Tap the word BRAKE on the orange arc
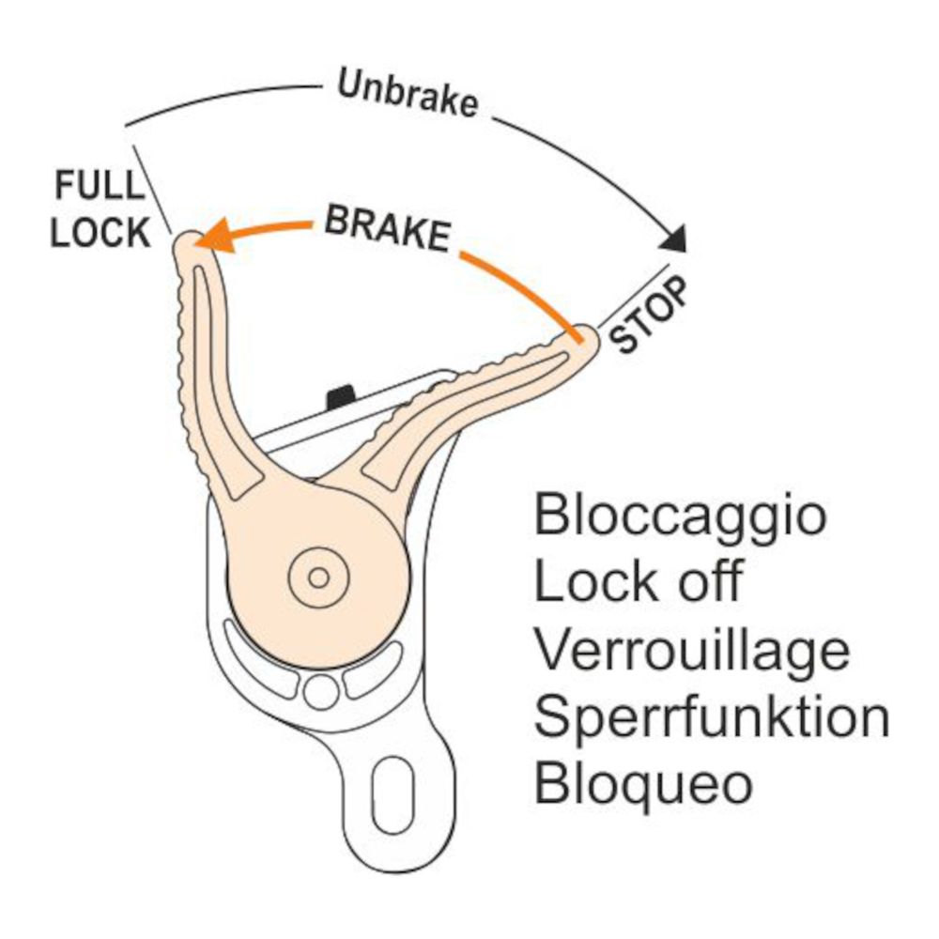(386, 228)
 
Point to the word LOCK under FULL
(100, 233)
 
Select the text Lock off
(639, 583)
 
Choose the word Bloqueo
(643, 783)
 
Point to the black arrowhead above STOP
(673, 239)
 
